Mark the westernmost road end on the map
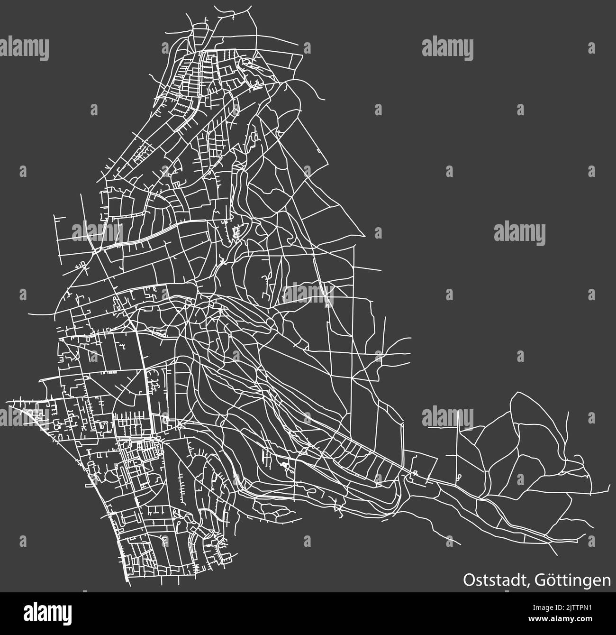(x=7, y=404)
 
